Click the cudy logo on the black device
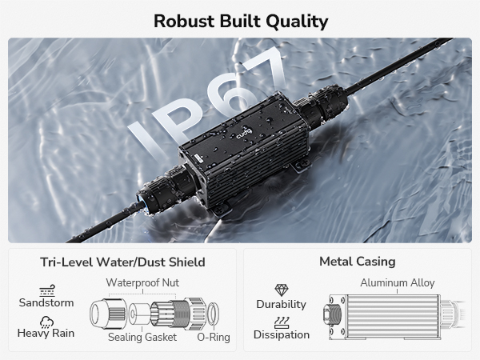[x=244, y=133]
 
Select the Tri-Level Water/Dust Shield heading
[x=122, y=262]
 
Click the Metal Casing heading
[x=358, y=262]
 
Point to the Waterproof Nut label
[x=142, y=282]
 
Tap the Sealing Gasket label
[x=142, y=337]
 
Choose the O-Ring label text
[x=214, y=337]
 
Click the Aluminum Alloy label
[x=398, y=282]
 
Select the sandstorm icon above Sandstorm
[x=47, y=291]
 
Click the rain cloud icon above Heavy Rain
[x=47, y=322]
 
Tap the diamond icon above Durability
[x=282, y=290]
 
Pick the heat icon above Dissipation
[x=282, y=322]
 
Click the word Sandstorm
[x=46, y=302]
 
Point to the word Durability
[x=282, y=304]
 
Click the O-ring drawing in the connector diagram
[x=214, y=314]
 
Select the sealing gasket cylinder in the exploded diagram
[x=139, y=314]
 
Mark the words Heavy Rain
[x=46, y=333]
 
